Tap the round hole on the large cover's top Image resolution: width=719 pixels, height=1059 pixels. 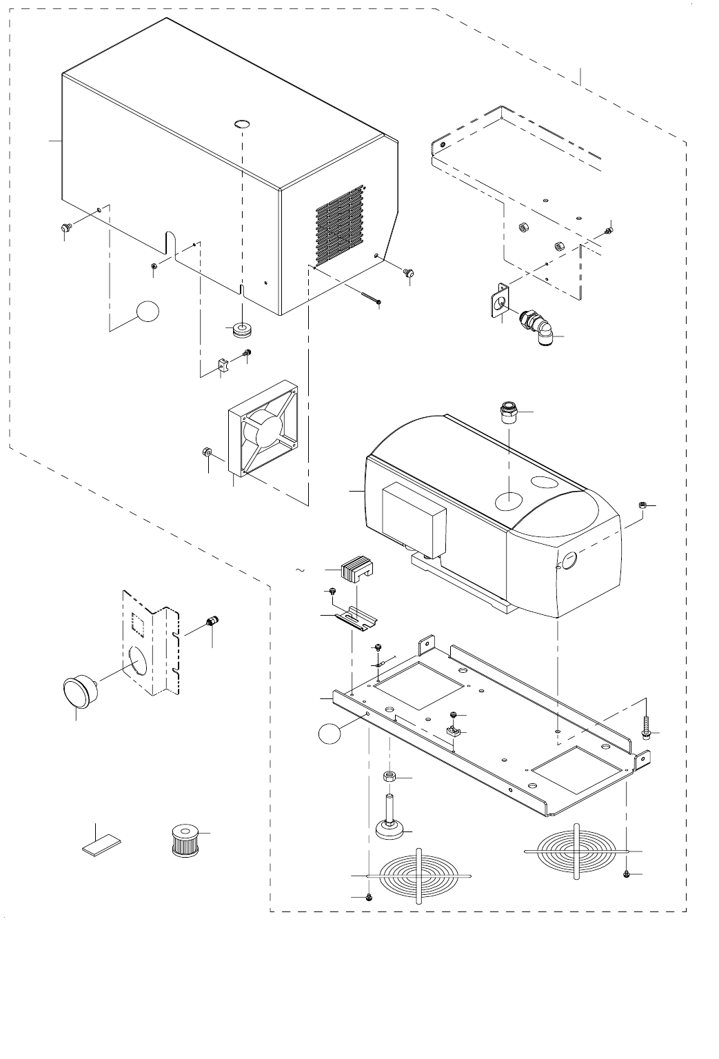tap(241, 124)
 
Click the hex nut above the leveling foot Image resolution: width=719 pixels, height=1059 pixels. tap(389, 777)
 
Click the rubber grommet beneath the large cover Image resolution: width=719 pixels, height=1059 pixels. tap(241, 330)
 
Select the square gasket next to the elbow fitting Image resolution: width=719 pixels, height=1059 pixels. tap(499, 303)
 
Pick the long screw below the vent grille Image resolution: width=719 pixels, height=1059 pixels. tap(370, 297)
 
